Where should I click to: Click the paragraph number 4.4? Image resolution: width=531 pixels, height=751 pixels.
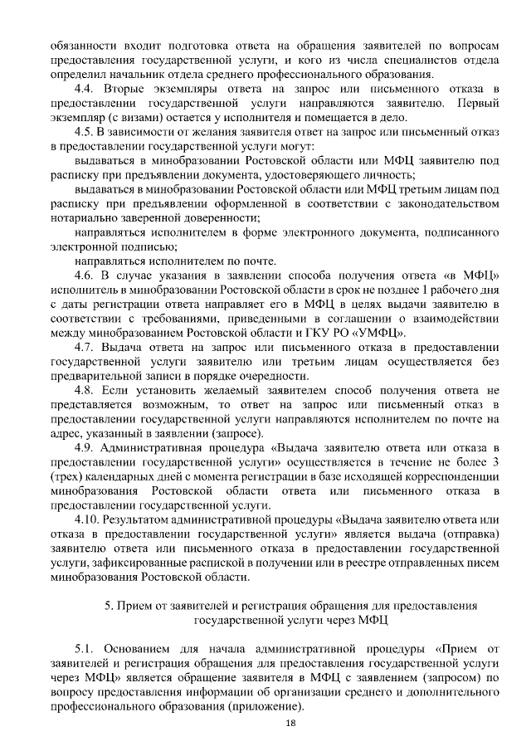pyautogui.click(x=84, y=88)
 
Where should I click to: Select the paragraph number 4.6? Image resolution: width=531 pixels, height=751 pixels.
pyautogui.click(x=84, y=274)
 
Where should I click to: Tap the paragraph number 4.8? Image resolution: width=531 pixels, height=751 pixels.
pyautogui.click(x=84, y=390)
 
